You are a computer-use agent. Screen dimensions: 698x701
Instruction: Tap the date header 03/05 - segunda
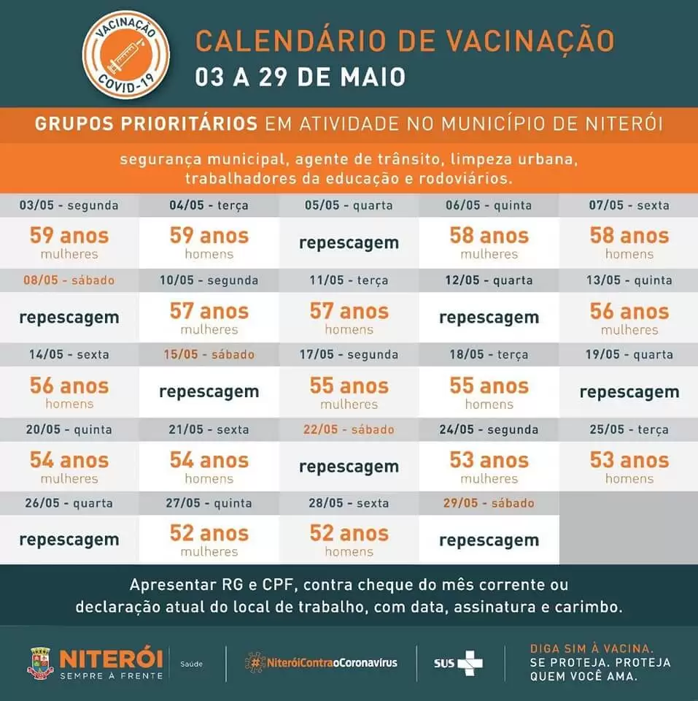coord(69,205)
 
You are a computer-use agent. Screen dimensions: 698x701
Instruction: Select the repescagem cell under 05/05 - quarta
coord(349,243)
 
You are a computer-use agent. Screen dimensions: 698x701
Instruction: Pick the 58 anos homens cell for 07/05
coord(629,243)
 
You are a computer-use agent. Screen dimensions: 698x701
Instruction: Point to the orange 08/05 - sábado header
coord(69,280)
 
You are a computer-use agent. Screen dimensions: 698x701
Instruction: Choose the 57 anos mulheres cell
coord(209,318)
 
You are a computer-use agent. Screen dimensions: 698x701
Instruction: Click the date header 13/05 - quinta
coord(629,280)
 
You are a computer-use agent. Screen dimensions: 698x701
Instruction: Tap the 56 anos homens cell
coord(69,392)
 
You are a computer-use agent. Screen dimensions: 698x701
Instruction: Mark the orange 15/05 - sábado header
coord(209,355)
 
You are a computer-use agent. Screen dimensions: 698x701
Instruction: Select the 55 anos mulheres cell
coord(349,392)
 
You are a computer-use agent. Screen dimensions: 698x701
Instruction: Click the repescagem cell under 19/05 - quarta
coord(629,392)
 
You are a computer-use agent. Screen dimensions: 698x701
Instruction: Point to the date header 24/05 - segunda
coord(489,429)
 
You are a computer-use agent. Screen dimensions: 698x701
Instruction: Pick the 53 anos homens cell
coord(629,467)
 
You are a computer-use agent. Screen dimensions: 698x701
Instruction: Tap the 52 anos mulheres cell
coord(209,540)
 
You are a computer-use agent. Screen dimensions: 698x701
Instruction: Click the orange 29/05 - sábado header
coord(489,503)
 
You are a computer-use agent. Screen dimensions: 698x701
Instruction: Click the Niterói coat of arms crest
coord(41,664)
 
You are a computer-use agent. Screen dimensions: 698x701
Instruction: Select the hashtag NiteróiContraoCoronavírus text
coord(321,662)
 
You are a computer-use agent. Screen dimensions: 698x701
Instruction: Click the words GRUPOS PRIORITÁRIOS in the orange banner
coord(146,124)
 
